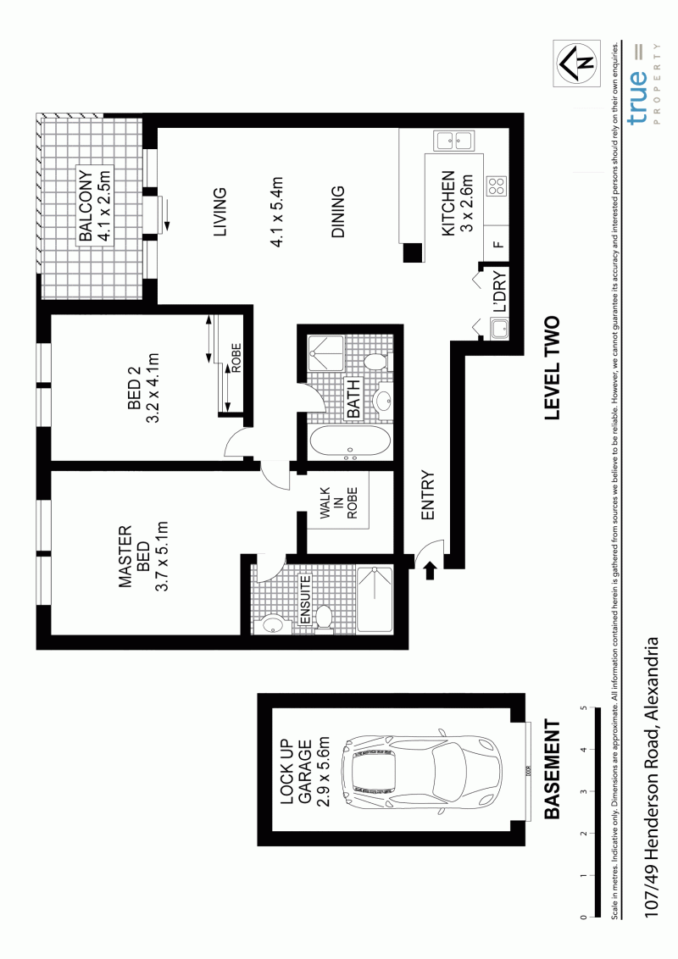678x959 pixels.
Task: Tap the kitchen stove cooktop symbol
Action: [497, 186]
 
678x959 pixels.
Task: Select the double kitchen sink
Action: [453, 141]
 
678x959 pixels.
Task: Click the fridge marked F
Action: [499, 245]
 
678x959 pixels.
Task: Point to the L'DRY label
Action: [499, 291]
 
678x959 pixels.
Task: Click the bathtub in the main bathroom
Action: [349, 443]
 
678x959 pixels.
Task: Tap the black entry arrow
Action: [430, 570]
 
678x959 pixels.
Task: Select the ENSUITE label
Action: [305, 600]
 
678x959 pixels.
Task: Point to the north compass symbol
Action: [575, 63]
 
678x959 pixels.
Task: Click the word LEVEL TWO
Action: [552, 369]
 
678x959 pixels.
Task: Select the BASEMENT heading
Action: [552, 769]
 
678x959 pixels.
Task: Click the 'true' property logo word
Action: [637, 98]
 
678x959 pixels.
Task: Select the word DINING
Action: [338, 212]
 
